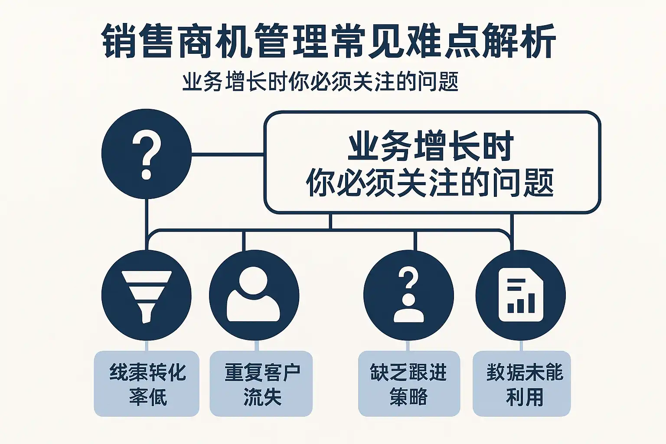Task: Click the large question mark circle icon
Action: point(147,154)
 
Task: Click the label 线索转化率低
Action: point(147,384)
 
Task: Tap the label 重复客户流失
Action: point(261,384)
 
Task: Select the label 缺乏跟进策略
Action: point(409,384)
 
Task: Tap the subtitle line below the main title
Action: point(320,82)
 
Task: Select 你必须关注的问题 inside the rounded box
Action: point(430,182)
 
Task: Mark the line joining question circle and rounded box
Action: point(228,154)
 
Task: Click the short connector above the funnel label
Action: point(147,346)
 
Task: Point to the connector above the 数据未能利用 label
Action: point(521,346)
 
